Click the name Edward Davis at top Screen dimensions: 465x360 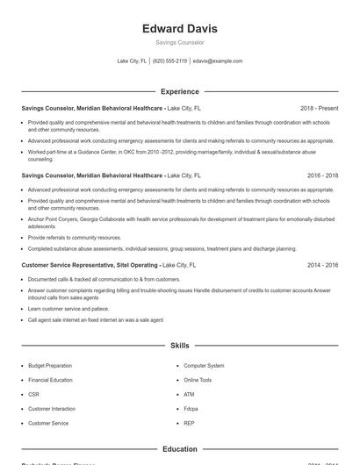[179, 28]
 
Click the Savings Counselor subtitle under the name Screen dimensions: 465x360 [179, 42]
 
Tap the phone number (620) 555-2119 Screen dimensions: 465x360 [169, 61]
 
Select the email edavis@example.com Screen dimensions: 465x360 [218, 61]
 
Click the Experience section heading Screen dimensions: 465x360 [179, 91]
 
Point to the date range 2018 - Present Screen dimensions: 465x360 [319, 109]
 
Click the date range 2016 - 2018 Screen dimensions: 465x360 [322, 175]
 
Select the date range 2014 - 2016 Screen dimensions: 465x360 [322, 264]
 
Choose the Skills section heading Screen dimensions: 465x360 [179, 346]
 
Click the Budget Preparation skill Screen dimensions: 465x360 [51, 365]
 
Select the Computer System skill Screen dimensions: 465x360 [204, 365]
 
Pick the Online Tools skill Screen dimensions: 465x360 [198, 380]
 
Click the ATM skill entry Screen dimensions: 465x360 [188, 394]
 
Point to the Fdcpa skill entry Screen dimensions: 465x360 [191, 409]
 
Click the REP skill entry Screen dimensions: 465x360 [188, 423]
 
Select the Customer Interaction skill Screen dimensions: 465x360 [52, 409]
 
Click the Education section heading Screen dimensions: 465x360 [179, 448]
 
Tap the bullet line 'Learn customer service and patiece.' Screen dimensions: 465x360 [68, 309]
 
